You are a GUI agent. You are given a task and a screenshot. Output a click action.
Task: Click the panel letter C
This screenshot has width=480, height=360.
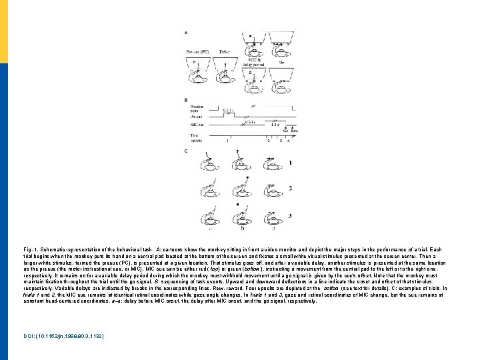(x=185, y=151)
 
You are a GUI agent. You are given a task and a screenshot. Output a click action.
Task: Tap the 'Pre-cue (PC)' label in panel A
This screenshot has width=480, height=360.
(x=199, y=51)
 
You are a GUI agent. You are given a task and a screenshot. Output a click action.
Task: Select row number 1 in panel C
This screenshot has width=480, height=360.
(x=289, y=163)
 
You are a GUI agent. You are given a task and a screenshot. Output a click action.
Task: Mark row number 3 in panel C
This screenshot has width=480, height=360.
(x=289, y=215)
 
